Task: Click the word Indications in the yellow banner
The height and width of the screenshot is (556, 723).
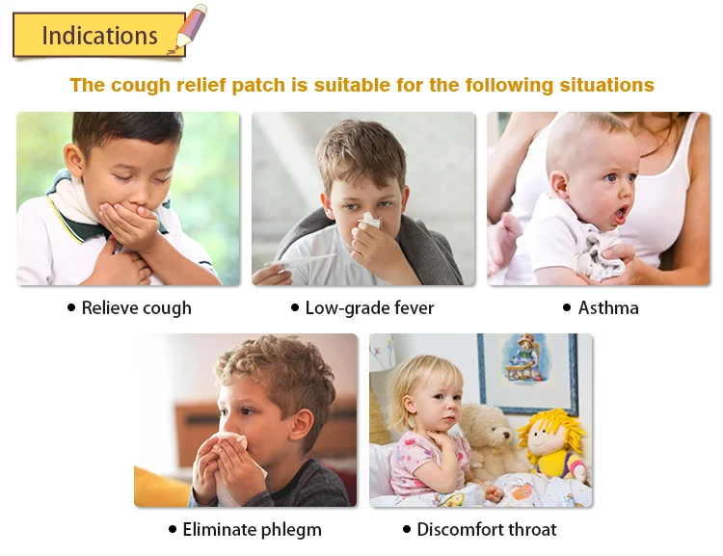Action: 99,36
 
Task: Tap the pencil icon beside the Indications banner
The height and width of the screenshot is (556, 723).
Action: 188,29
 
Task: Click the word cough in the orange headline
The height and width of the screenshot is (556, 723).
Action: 141,86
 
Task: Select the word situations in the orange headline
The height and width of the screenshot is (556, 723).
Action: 606,85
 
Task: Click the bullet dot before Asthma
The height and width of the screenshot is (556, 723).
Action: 567,307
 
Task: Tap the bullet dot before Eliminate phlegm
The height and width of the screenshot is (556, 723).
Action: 173,529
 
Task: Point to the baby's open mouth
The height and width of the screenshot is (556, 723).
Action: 621,214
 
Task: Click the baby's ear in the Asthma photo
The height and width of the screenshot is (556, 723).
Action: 559,184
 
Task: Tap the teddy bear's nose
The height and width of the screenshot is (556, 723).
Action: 506,435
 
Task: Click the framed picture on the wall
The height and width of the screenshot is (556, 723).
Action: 528,374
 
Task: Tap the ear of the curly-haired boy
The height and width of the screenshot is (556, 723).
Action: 301,424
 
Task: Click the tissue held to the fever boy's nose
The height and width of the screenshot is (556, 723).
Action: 370,221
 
